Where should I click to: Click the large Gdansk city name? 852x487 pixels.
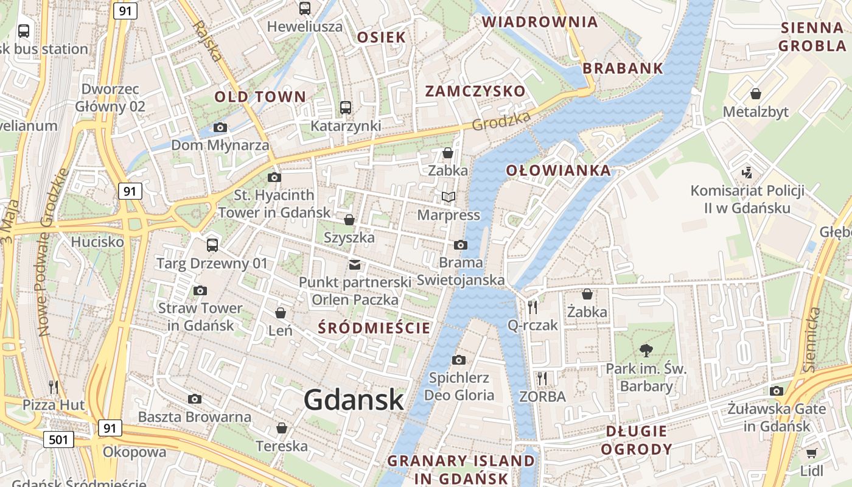coord(354,400)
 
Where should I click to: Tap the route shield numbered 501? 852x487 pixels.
coord(58,439)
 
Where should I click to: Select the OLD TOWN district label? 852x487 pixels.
coord(260,97)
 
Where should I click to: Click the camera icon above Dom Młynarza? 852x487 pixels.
coord(220,127)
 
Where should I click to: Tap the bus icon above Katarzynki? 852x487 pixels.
coord(346,108)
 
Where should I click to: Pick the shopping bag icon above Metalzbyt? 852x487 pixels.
coord(755,94)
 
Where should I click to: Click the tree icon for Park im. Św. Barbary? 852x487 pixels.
coord(646,350)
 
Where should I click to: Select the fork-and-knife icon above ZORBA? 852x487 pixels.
coord(542,379)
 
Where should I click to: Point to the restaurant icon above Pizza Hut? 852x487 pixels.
coord(54,387)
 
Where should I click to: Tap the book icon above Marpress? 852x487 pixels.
coord(449,197)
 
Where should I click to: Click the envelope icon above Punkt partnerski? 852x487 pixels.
coord(355,264)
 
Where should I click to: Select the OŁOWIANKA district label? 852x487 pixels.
coord(558,170)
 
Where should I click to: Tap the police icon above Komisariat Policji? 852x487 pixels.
coord(747,172)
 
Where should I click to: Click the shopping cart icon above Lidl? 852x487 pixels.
coord(811,453)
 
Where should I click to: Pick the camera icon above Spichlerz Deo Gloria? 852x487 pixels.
coord(459,360)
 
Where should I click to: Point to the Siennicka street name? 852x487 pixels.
coord(812,340)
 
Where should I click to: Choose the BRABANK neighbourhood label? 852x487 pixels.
coord(623,68)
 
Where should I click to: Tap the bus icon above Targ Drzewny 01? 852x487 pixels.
coord(212,245)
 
